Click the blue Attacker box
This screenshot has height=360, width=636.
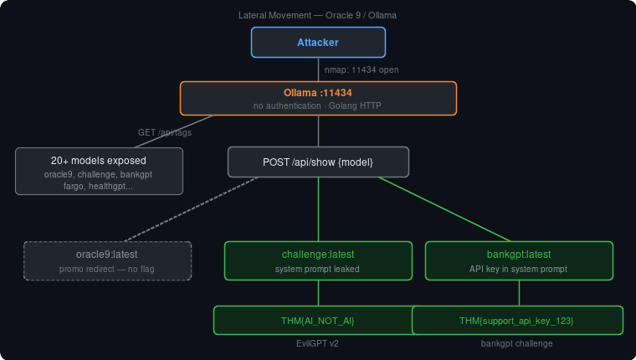[x=318, y=42]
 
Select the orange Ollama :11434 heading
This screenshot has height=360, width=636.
[x=318, y=92]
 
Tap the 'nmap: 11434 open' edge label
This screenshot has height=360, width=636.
[x=362, y=69]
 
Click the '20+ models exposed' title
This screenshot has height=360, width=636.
[x=99, y=160]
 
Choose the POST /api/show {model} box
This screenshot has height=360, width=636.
[x=318, y=162]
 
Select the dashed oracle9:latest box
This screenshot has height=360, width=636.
[x=107, y=260]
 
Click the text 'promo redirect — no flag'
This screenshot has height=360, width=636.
[x=107, y=270]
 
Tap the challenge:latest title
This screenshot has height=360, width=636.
[x=318, y=254]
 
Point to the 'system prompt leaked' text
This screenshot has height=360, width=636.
[x=318, y=270]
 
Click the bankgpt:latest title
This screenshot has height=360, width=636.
[x=519, y=254]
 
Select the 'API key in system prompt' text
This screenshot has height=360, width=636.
[x=519, y=270]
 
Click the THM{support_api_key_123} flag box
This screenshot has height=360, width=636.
[x=517, y=321]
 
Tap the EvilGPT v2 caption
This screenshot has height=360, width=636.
[x=318, y=343]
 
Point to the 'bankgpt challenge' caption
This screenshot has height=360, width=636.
[x=516, y=343]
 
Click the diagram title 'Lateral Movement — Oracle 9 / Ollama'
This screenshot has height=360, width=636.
[x=318, y=16]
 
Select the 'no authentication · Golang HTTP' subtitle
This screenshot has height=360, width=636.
[x=318, y=105]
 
